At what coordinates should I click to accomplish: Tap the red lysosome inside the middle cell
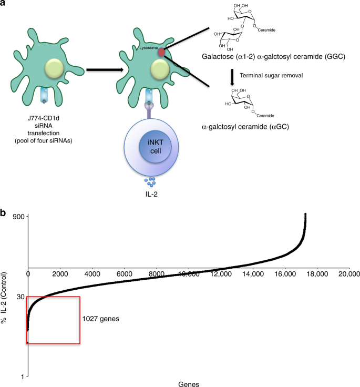tap(161, 52)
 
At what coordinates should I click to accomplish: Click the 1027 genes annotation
tap(99, 318)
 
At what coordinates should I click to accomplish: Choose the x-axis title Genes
tap(188, 384)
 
